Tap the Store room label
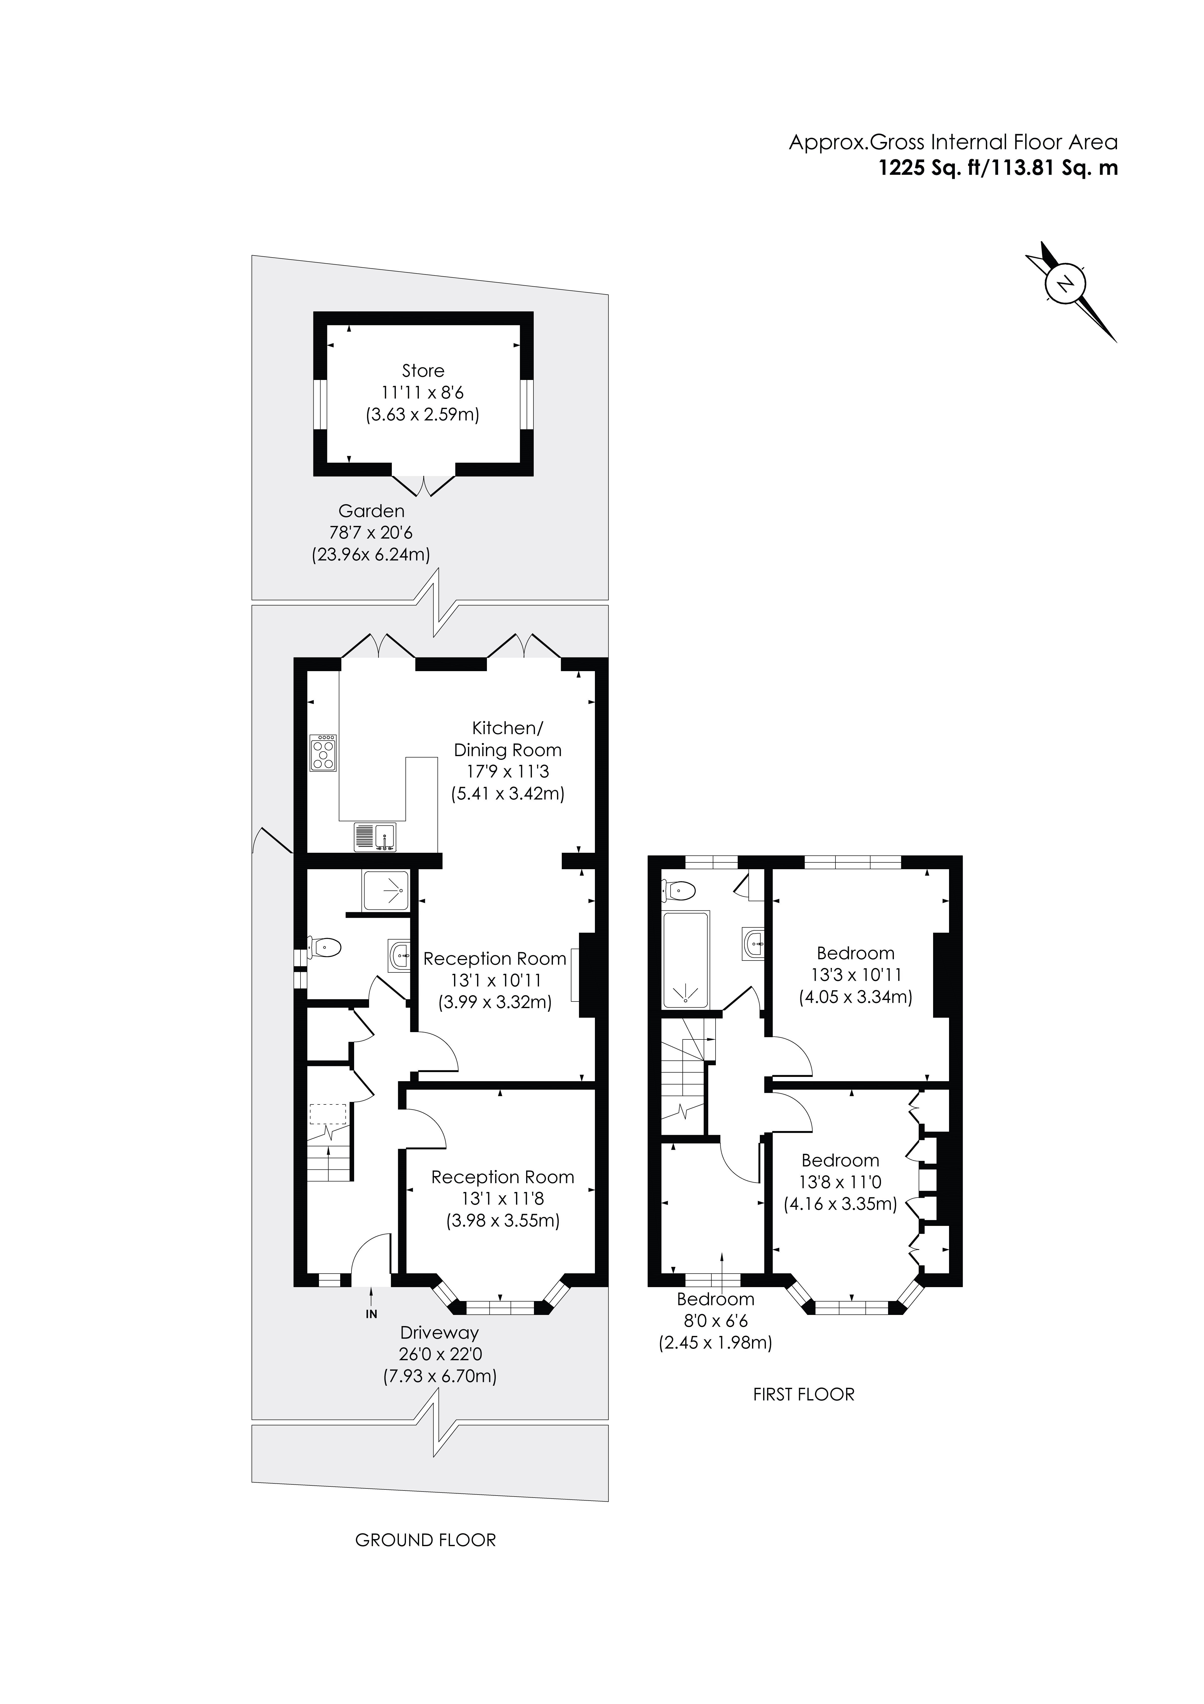point(423,370)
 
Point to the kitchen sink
point(375,836)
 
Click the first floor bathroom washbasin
point(754,944)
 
